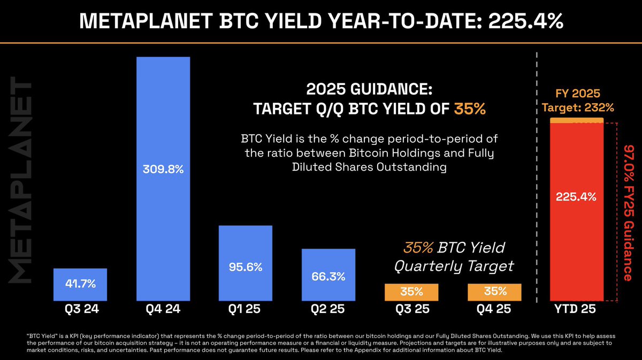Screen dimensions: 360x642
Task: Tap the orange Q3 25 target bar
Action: click(411, 292)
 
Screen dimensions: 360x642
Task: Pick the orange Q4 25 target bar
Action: click(495, 292)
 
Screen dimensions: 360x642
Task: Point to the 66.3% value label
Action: click(328, 277)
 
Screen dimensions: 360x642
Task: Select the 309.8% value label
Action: click(163, 170)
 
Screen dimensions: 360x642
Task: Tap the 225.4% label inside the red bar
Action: click(576, 197)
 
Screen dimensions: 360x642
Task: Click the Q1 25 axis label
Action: click(246, 310)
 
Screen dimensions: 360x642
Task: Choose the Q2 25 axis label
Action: click(328, 310)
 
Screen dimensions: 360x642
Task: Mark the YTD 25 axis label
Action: click(576, 310)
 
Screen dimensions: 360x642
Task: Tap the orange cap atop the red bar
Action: click(576, 120)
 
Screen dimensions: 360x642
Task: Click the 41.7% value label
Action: click(80, 284)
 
